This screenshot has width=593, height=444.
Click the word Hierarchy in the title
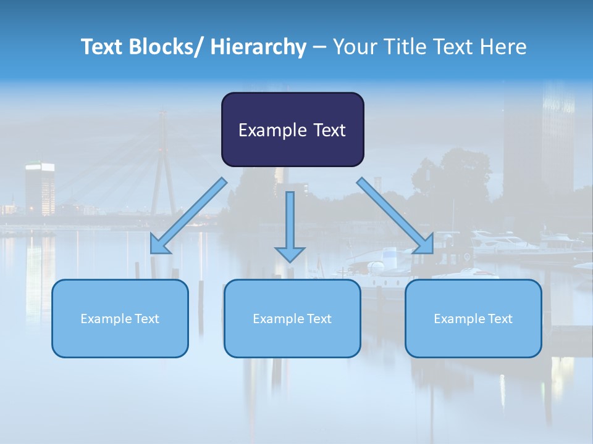tap(258, 47)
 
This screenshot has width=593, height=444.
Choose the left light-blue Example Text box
tap(120, 318)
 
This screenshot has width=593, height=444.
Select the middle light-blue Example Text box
tap(292, 318)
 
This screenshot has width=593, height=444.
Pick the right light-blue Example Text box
tap(473, 318)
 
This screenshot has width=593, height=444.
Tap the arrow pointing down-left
tap(188, 216)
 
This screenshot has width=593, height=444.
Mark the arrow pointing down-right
tap(395, 216)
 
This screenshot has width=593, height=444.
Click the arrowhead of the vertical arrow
tap(290, 253)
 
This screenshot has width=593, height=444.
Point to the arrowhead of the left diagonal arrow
tap(159, 245)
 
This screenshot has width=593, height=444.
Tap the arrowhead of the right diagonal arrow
tap(424, 244)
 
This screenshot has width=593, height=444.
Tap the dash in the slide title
tap(319, 47)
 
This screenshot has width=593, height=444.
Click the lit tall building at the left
tap(40, 188)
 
